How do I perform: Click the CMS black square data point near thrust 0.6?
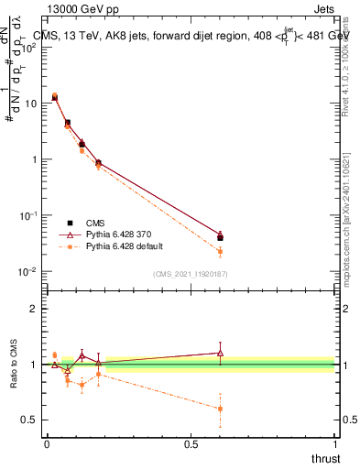click(220, 238)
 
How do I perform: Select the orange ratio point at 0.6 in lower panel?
click(220, 409)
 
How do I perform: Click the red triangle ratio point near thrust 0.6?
click(220, 353)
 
